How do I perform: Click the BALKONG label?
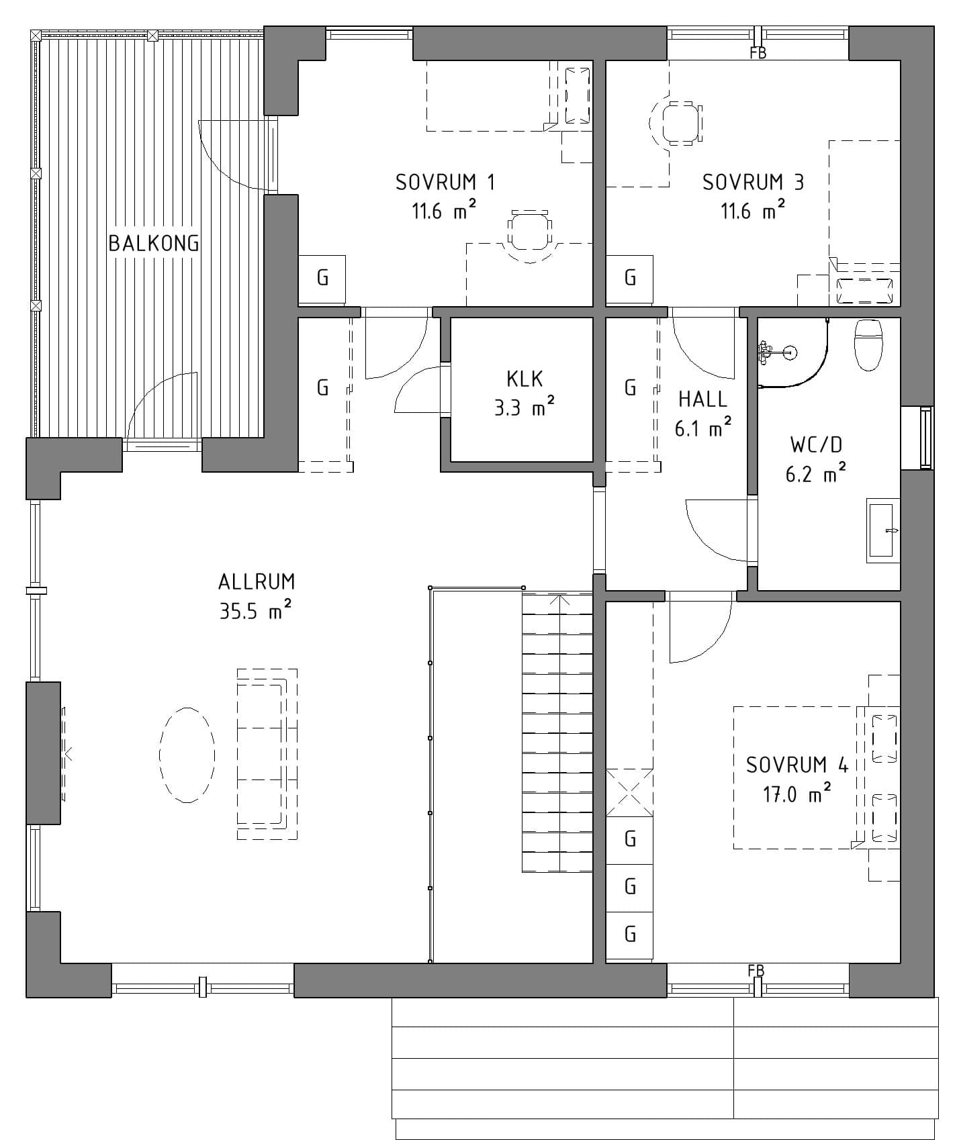click(x=154, y=243)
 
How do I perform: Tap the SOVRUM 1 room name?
click(x=445, y=182)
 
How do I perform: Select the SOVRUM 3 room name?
click(x=753, y=182)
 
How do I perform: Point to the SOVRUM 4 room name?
click(x=797, y=765)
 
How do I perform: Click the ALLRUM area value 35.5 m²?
click(x=255, y=610)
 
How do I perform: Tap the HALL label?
click(x=702, y=399)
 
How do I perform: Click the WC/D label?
click(x=816, y=444)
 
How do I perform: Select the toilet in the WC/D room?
click(x=868, y=344)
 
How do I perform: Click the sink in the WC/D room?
click(x=883, y=530)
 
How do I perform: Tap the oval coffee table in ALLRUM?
click(x=187, y=755)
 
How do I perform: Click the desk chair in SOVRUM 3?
click(x=677, y=122)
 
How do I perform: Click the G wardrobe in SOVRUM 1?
click(x=322, y=277)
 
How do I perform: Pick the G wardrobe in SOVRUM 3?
click(x=630, y=277)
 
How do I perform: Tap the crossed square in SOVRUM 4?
click(x=630, y=792)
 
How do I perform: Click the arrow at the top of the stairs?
click(x=559, y=600)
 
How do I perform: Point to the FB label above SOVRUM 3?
click(x=758, y=53)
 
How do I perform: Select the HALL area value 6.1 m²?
click(x=702, y=427)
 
